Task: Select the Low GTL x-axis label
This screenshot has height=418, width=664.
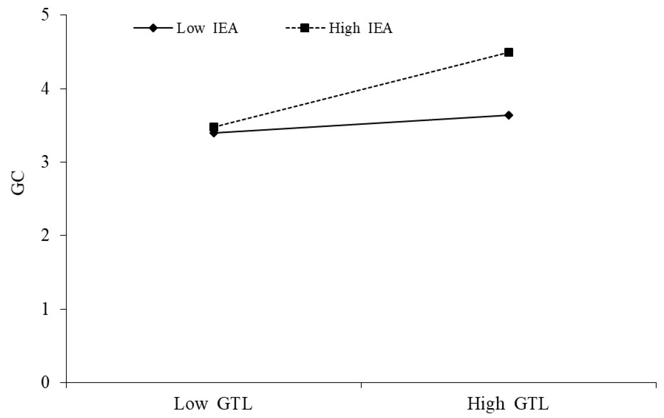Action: [x=213, y=404]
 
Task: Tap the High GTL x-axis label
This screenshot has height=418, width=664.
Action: [x=508, y=404]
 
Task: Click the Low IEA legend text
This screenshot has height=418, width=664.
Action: [x=207, y=28]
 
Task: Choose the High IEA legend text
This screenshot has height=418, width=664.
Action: [x=360, y=28]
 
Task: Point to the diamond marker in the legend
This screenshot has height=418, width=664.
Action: [x=153, y=28]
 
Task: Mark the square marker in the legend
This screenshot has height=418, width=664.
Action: [x=304, y=28]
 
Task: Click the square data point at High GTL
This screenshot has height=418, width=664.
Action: [x=509, y=52]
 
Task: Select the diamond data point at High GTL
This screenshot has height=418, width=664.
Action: [x=509, y=115]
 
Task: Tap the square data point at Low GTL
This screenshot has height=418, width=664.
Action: [x=213, y=127]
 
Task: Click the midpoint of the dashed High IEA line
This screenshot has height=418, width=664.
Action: [x=361, y=90]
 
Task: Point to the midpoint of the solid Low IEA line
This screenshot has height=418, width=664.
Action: [x=361, y=124]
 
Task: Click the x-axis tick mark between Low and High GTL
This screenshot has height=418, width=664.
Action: [x=361, y=385]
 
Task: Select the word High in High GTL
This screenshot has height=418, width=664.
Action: [x=486, y=404]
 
